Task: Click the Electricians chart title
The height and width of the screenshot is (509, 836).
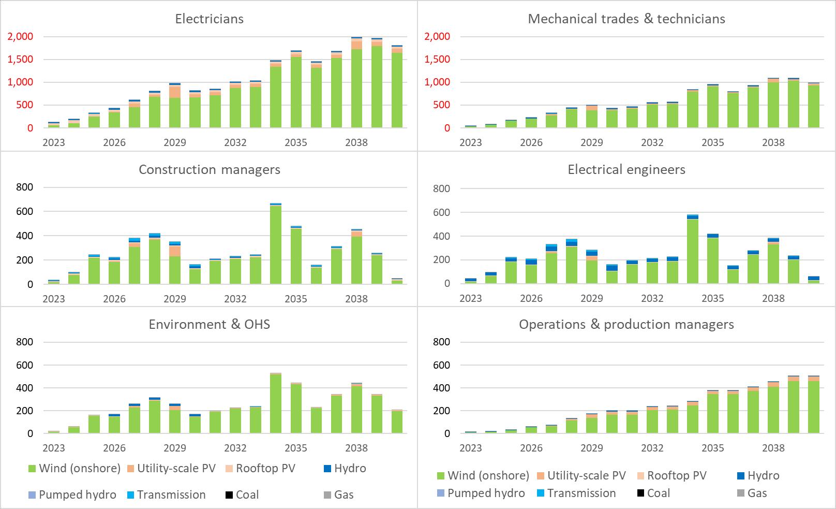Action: (209, 19)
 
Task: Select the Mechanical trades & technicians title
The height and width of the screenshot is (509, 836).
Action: (626, 19)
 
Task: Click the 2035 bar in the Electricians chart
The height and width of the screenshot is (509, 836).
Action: (296, 91)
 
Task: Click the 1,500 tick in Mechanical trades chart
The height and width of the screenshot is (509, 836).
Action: (437, 60)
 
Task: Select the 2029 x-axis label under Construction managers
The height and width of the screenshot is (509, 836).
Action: (175, 299)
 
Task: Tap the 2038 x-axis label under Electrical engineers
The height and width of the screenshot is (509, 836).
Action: (773, 298)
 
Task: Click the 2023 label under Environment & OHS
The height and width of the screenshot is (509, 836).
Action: (53, 448)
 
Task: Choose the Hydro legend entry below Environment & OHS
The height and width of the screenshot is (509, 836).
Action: (344, 469)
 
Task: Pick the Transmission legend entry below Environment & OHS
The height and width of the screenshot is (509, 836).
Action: (166, 495)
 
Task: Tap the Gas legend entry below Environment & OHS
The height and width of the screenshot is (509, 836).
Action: (338, 495)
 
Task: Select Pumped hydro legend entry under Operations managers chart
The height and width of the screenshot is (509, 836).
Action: (481, 493)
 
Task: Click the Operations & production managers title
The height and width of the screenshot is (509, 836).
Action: (626, 325)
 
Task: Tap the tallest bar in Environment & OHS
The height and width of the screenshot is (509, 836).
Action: (276, 404)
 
